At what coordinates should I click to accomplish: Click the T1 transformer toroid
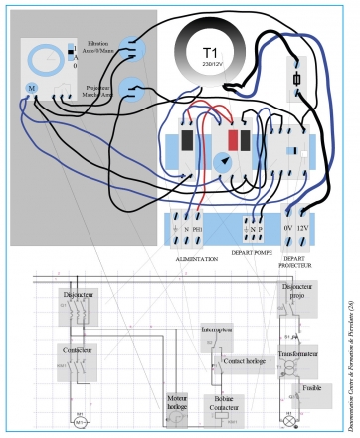(209, 55)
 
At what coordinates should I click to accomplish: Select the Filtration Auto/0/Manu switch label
(98, 49)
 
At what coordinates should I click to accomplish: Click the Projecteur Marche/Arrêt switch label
(98, 89)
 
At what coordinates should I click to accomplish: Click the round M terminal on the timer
(31, 89)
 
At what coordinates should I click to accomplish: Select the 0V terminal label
(287, 228)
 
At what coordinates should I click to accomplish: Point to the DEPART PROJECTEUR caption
(296, 261)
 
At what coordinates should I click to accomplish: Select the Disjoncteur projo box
(295, 292)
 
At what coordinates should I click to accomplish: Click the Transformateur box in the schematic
(297, 354)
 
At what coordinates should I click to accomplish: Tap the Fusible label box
(311, 388)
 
